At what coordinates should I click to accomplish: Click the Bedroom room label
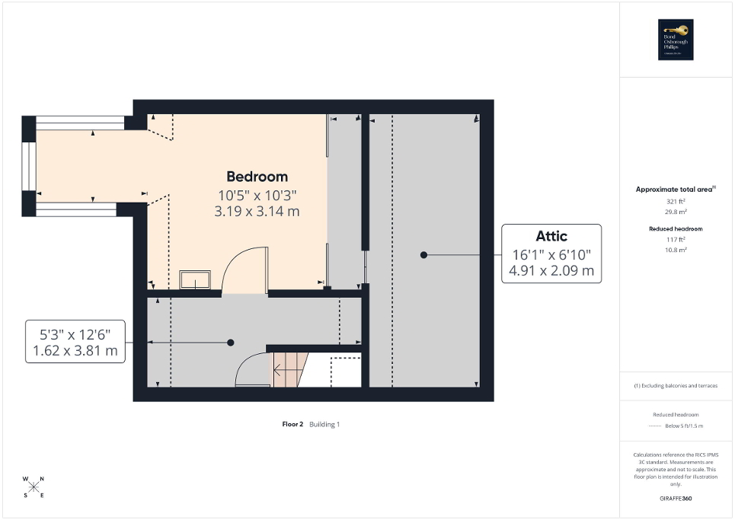pos(257,177)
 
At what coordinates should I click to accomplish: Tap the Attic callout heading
pos(551,236)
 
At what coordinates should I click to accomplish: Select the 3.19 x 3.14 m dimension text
pos(257,212)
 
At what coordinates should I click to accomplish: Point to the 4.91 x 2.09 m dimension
pos(551,270)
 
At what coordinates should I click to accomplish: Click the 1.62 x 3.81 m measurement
pos(75,351)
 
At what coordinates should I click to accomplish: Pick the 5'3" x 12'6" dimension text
pos(75,333)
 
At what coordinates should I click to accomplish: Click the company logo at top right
pos(675,40)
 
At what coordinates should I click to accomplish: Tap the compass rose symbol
pos(34,487)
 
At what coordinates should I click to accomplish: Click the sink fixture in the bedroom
pos(196,279)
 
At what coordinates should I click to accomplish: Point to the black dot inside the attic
pos(423,255)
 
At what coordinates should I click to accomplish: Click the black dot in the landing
pos(230,343)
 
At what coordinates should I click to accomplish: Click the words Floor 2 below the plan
pos(292,424)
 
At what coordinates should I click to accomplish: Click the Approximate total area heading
pos(675,189)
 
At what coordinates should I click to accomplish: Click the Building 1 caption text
pos(324,424)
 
